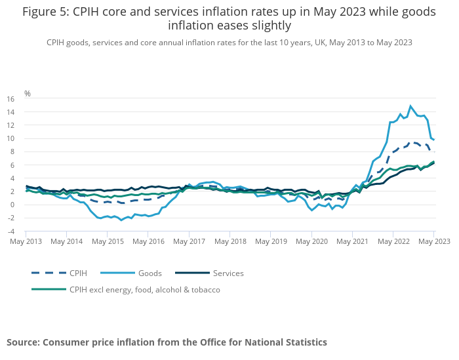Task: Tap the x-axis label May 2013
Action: pyautogui.click(x=26, y=241)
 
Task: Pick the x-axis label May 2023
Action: pyautogui.click(x=433, y=241)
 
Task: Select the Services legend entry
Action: pyautogui.click(x=228, y=273)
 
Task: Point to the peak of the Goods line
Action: pyautogui.click(x=410, y=106)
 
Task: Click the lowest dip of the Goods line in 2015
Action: pyautogui.click(x=121, y=220)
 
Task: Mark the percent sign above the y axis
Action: pyautogui.click(x=28, y=93)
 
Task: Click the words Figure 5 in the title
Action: pyautogui.click(x=45, y=12)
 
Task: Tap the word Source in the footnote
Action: pyautogui.click(x=23, y=342)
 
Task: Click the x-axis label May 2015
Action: pyautogui.click(x=108, y=241)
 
